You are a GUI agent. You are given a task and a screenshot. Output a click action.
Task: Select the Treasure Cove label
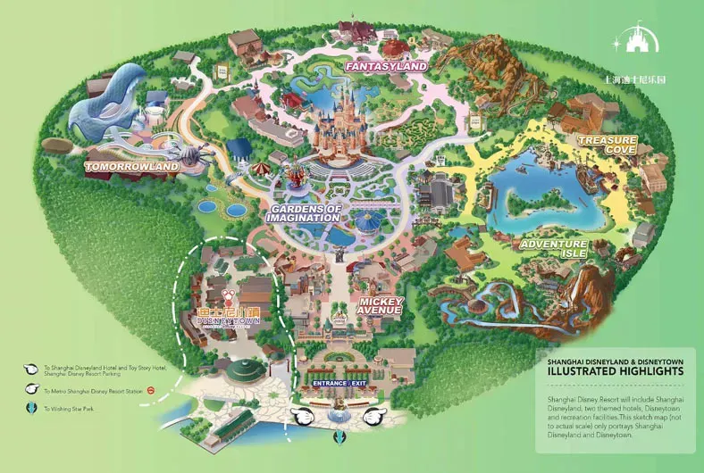pyautogui.click(x=607, y=145)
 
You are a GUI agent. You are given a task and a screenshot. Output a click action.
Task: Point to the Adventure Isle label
pyautogui.click(x=553, y=249)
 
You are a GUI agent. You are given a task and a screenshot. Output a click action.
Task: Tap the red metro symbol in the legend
pyautogui.click(x=151, y=390)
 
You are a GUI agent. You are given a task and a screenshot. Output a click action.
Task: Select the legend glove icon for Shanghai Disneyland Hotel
pyautogui.click(x=33, y=368)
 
